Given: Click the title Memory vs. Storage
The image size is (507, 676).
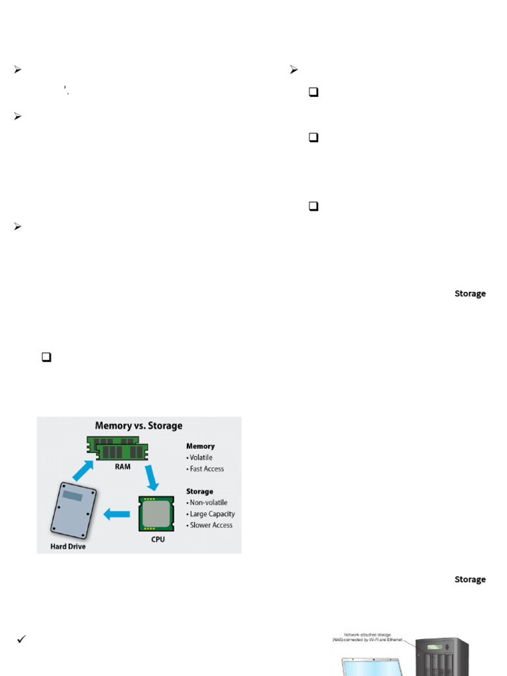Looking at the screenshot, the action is (x=139, y=426).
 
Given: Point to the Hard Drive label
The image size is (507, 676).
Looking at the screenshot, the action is (x=68, y=547).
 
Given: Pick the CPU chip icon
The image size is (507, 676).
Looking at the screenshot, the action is (x=156, y=514).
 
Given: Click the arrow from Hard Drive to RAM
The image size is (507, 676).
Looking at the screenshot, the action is (x=83, y=471).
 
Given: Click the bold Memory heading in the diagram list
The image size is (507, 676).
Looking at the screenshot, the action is (x=200, y=446).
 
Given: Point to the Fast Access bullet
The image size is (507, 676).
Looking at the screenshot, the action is (x=207, y=469).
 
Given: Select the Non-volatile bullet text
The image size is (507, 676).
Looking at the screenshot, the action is (x=209, y=502).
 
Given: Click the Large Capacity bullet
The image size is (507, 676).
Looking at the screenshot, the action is (x=212, y=514).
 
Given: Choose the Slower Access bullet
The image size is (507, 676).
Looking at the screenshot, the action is (x=211, y=525).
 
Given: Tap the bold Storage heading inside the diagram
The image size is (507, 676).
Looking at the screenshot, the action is (x=199, y=491).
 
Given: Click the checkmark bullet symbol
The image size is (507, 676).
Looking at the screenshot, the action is (x=21, y=639).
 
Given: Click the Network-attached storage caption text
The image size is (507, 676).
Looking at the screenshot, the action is (x=367, y=637).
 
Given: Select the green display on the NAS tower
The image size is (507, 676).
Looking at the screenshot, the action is (x=435, y=647).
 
